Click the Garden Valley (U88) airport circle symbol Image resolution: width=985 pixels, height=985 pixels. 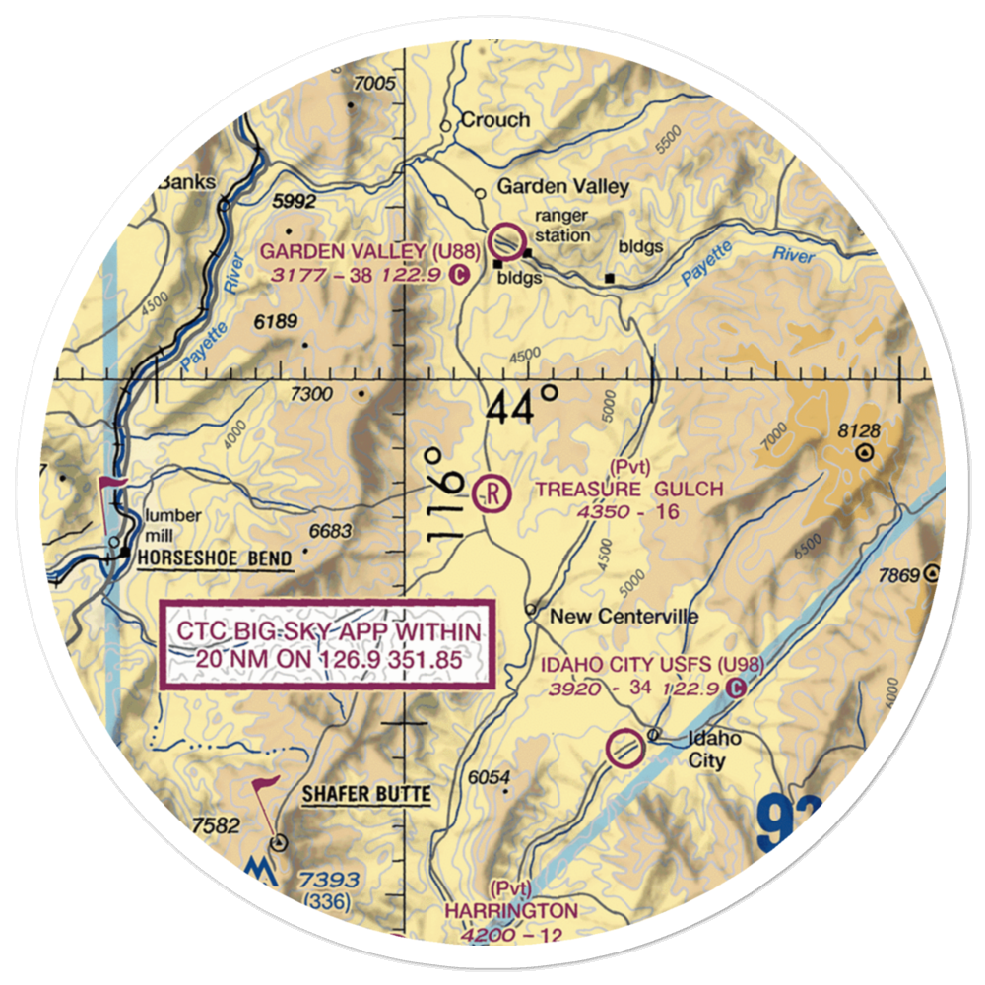507,239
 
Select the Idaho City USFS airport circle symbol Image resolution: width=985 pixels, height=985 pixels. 624,749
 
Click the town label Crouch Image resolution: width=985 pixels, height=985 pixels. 496,120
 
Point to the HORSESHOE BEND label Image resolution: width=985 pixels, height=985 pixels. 215,559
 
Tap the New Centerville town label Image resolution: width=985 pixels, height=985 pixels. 624,617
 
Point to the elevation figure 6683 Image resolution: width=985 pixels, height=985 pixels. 329,532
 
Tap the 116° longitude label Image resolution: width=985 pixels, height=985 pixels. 446,492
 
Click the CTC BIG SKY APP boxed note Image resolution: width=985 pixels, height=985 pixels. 326,645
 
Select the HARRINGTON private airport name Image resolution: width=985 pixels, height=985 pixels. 510,910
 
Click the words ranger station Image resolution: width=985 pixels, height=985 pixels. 561,226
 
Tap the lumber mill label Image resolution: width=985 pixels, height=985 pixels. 172,525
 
